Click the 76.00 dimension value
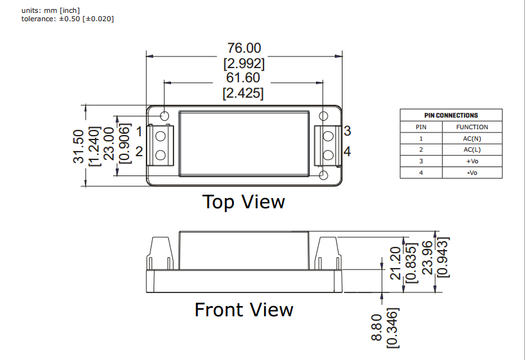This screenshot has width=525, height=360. (244, 49)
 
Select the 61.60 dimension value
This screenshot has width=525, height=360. (244, 78)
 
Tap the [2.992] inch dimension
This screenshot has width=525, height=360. (244, 64)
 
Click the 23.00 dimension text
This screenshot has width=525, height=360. (109, 146)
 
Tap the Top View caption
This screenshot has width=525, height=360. (244, 202)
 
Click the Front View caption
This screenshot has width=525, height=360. (244, 310)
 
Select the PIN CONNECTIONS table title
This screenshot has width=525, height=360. (451, 115)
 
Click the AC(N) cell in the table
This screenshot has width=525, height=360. (472, 138)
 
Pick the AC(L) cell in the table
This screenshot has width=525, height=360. (472, 150)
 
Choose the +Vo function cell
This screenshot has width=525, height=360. (472, 161)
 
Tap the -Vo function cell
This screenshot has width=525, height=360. (472, 173)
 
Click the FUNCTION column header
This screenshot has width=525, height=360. (472, 127)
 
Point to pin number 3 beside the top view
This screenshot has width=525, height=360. (347, 131)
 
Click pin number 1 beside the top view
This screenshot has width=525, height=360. (139, 132)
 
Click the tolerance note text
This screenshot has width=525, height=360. (67, 19)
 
